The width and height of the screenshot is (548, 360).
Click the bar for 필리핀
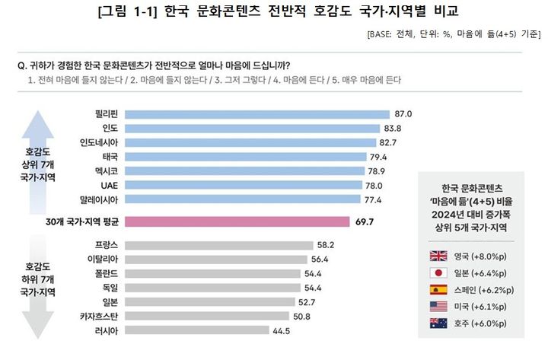[257, 114]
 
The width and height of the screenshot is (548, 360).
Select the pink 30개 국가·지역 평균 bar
[237, 221]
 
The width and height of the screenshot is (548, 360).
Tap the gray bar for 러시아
[197, 330]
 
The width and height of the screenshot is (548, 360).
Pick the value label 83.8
[393, 129]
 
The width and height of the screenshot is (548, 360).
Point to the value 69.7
[365, 222]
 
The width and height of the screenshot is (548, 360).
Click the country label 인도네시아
[99, 142]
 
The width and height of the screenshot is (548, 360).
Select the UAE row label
[110, 185]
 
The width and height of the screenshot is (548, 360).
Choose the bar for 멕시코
[244, 171]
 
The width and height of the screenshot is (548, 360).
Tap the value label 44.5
[282, 330]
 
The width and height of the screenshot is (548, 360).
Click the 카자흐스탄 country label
[99, 317]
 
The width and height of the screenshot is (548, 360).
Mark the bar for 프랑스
[219, 245]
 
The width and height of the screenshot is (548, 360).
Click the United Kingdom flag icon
[438, 256]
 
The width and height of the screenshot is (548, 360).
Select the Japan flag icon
[438, 273]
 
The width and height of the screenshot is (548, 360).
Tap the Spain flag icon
[438, 290]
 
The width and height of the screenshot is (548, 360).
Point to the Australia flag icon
[438, 323]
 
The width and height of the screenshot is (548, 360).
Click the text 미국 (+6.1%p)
[480, 307]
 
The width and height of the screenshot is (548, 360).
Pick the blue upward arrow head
[38, 124]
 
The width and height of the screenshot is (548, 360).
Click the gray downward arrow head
[38, 325]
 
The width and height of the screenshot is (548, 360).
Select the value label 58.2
[326, 245]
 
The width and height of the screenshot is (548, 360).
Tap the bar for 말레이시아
[243, 199]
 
